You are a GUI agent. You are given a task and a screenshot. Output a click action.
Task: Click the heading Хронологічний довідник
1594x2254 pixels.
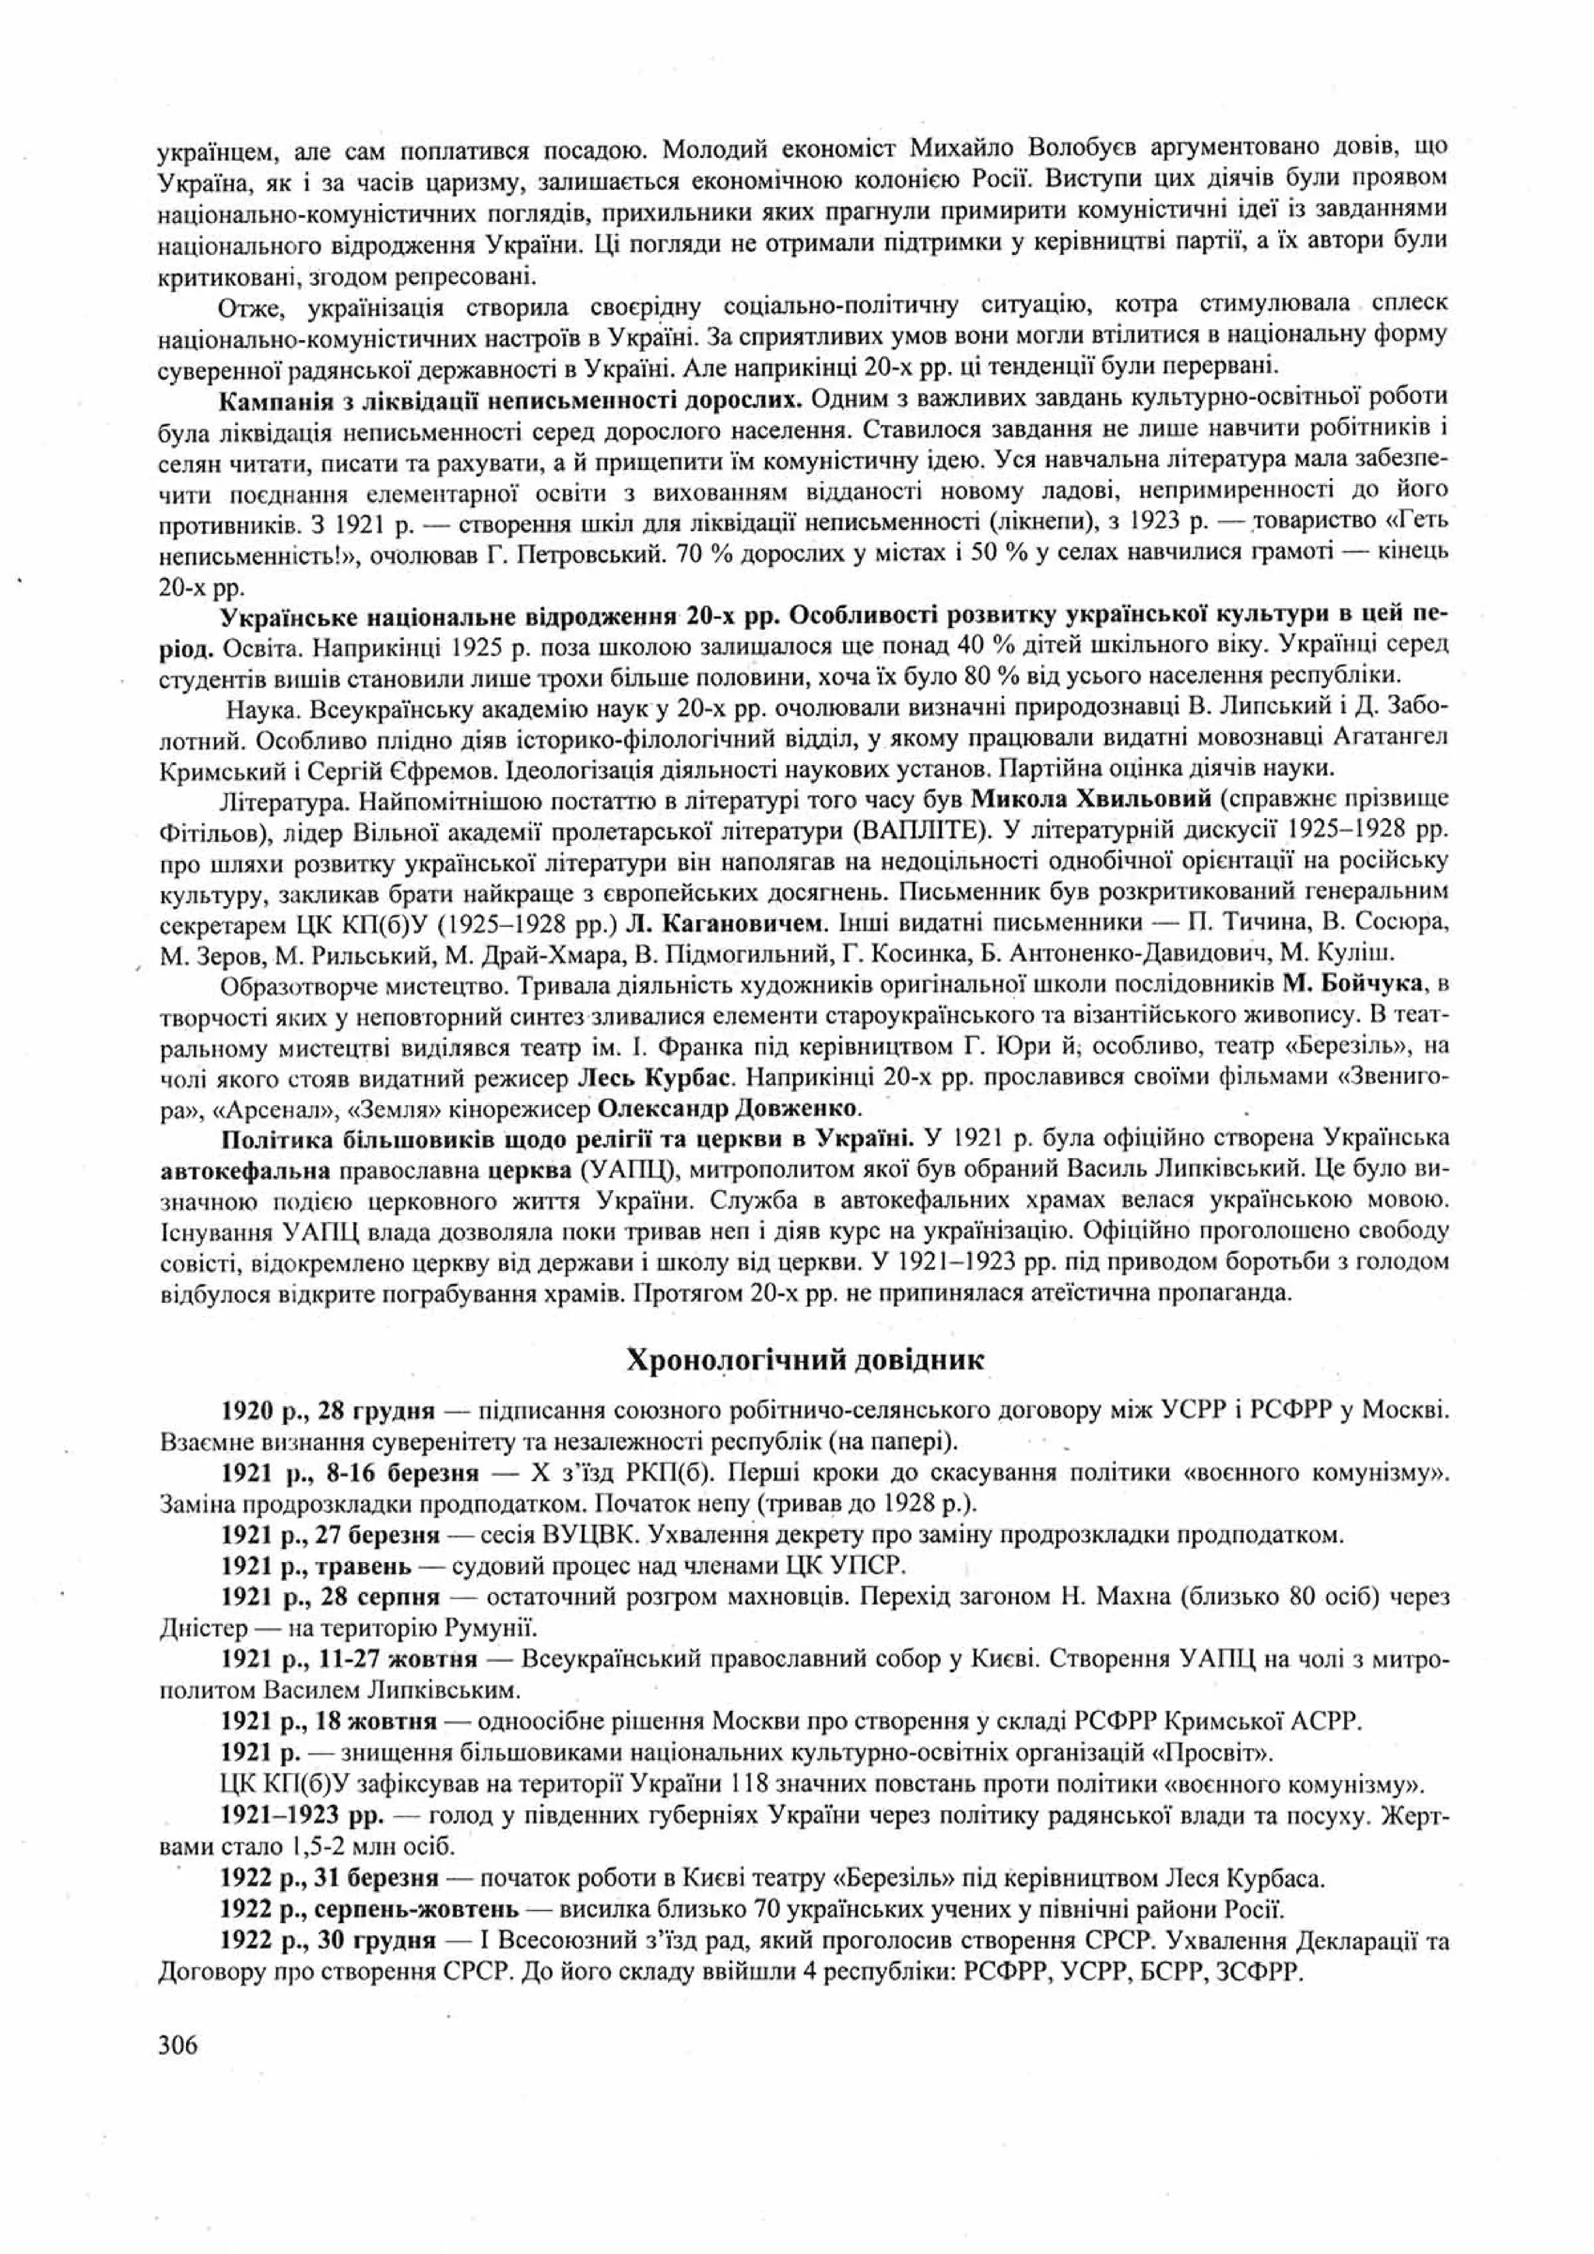coord(805,1360)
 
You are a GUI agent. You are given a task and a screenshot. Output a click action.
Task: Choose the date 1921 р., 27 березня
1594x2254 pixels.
coord(330,1533)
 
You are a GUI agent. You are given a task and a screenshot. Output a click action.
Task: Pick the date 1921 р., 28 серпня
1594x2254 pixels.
coord(331,1596)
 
